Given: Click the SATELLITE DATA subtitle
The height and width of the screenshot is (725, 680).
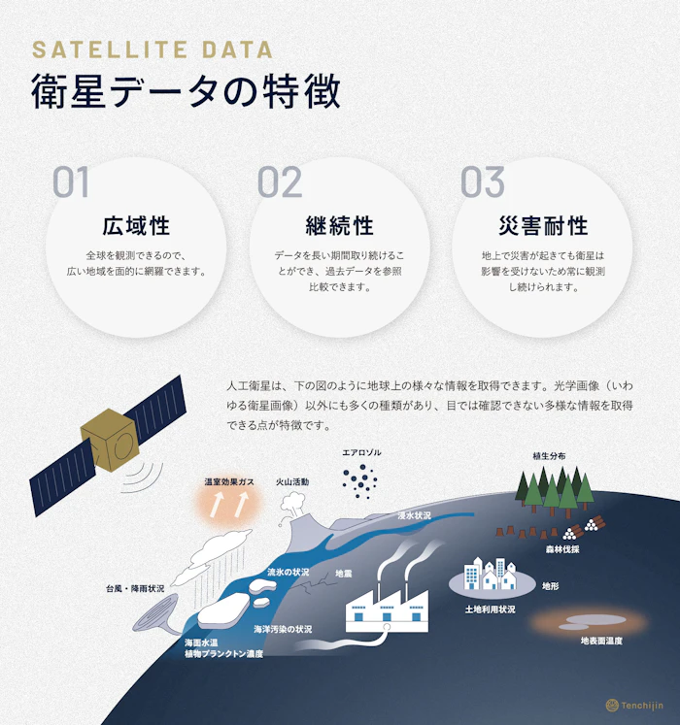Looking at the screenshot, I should click(153, 49).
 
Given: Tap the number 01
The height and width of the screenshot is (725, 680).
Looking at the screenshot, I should click(71, 182).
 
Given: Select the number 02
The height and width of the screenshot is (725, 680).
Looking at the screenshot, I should click(281, 182).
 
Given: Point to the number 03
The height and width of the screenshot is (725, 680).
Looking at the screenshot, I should click(483, 182).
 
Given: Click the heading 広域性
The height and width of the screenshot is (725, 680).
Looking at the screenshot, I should click(136, 226).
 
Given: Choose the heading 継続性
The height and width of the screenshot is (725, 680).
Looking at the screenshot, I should click(340, 226).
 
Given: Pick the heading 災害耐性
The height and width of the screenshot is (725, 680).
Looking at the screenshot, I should click(543, 226).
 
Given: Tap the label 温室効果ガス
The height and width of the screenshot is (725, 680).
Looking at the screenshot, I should click(229, 481).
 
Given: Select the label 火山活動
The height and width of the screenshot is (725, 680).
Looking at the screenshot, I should click(292, 481).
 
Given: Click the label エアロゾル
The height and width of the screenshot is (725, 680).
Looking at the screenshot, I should click(361, 453).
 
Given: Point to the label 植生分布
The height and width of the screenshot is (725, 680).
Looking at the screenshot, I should click(549, 455).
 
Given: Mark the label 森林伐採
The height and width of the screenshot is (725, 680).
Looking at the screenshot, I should click(562, 548).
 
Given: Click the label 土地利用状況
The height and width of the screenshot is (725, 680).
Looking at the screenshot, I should click(491, 609).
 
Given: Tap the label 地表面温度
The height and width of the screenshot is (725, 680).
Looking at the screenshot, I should click(601, 641).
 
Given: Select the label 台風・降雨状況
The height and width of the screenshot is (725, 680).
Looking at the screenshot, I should click(135, 589).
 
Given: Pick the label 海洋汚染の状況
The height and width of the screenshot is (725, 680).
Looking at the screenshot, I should click(283, 629).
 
